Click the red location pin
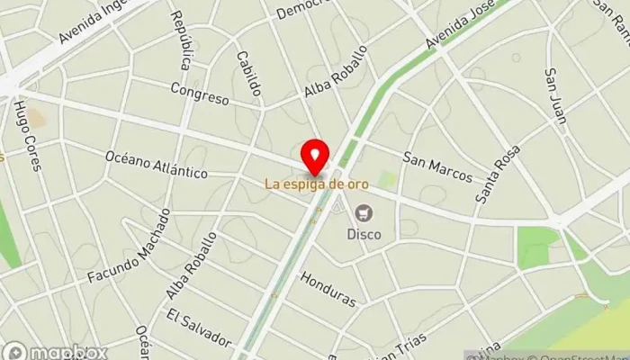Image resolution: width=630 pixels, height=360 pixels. [314, 157]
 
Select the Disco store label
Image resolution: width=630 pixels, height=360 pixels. [364, 234]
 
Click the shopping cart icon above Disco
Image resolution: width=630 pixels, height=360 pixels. [364, 213]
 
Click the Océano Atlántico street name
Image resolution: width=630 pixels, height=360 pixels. [156, 165]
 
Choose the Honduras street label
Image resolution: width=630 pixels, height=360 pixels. [329, 287]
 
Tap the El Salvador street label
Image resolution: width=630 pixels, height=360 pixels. [199, 328]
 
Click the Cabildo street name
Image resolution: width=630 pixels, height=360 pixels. [249, 72]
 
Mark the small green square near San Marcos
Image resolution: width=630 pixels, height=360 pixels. [387, 180]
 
